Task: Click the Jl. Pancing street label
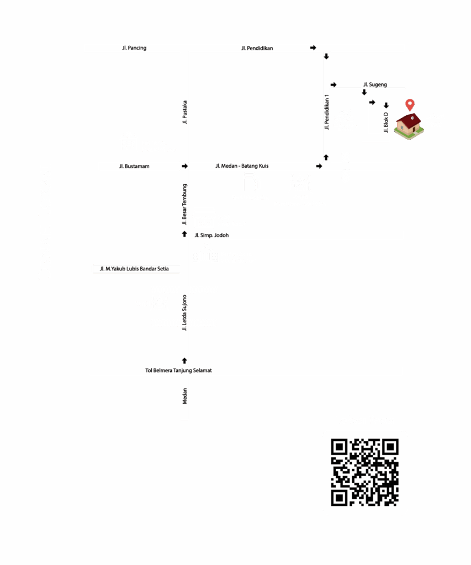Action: point(134,48)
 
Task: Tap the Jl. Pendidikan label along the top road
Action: point(257,49)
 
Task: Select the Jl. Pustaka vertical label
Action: point(184,113)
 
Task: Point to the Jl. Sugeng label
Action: point(375,84)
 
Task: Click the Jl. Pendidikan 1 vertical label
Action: point(327,112)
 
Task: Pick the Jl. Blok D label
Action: point(386,122)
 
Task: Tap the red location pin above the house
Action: point(410,105)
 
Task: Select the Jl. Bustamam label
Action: point(134,166)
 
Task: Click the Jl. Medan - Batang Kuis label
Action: point(242,166)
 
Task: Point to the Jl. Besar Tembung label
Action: point(184,204)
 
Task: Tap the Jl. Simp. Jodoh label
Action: point(211,235)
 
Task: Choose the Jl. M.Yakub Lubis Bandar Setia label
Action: point(134,269)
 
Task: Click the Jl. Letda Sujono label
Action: point(184,313)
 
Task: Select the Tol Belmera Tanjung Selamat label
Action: point(178,370)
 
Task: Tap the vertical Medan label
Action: point(184,396)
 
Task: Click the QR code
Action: point(364,472)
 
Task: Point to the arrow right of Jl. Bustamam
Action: point(184,166)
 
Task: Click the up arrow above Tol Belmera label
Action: point(184,361)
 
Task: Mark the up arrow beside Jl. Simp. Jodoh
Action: point(184,234)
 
